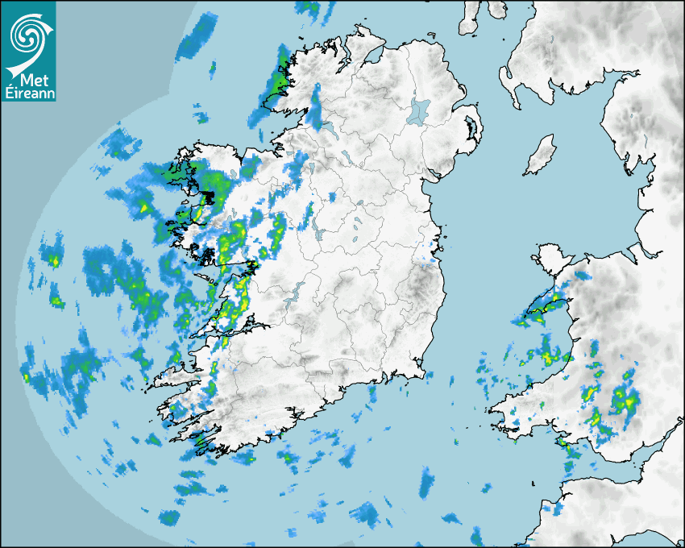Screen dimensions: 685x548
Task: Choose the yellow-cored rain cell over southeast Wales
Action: [x=622, y=398]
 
